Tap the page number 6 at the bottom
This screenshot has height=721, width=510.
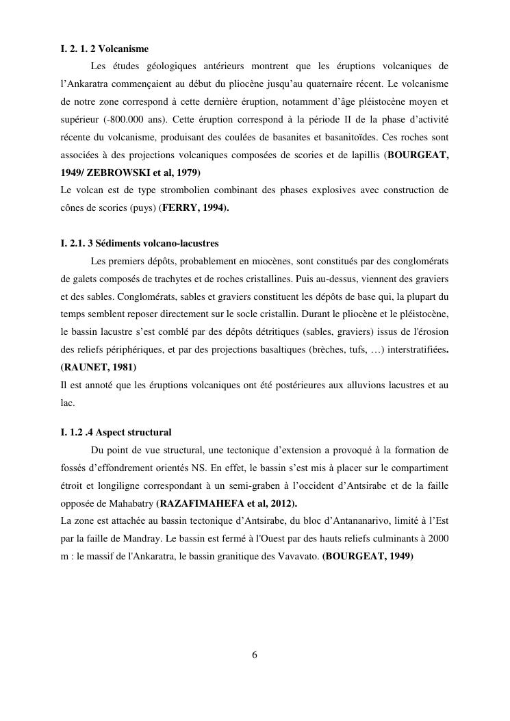point(255,655)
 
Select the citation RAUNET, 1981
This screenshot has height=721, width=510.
point(98,367)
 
